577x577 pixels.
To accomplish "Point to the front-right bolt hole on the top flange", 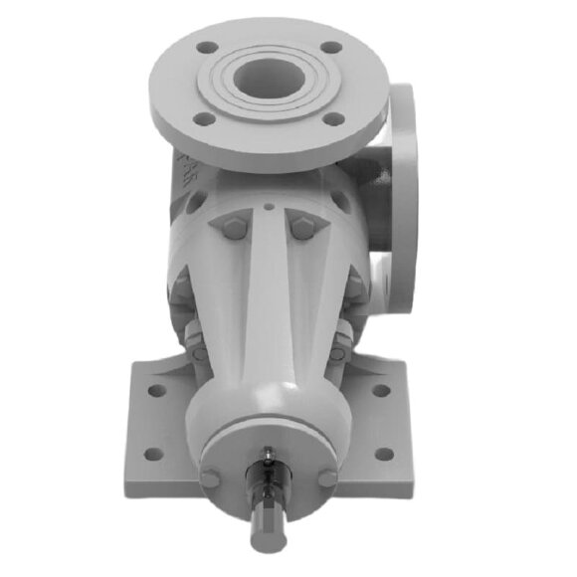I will coord(335,118).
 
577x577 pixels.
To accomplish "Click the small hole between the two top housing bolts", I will coord(270,209).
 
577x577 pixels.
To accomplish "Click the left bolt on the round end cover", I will coord(210,479).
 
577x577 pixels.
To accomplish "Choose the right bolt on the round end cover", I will coord(327,478).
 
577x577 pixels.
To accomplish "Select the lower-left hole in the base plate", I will coord(152,455).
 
